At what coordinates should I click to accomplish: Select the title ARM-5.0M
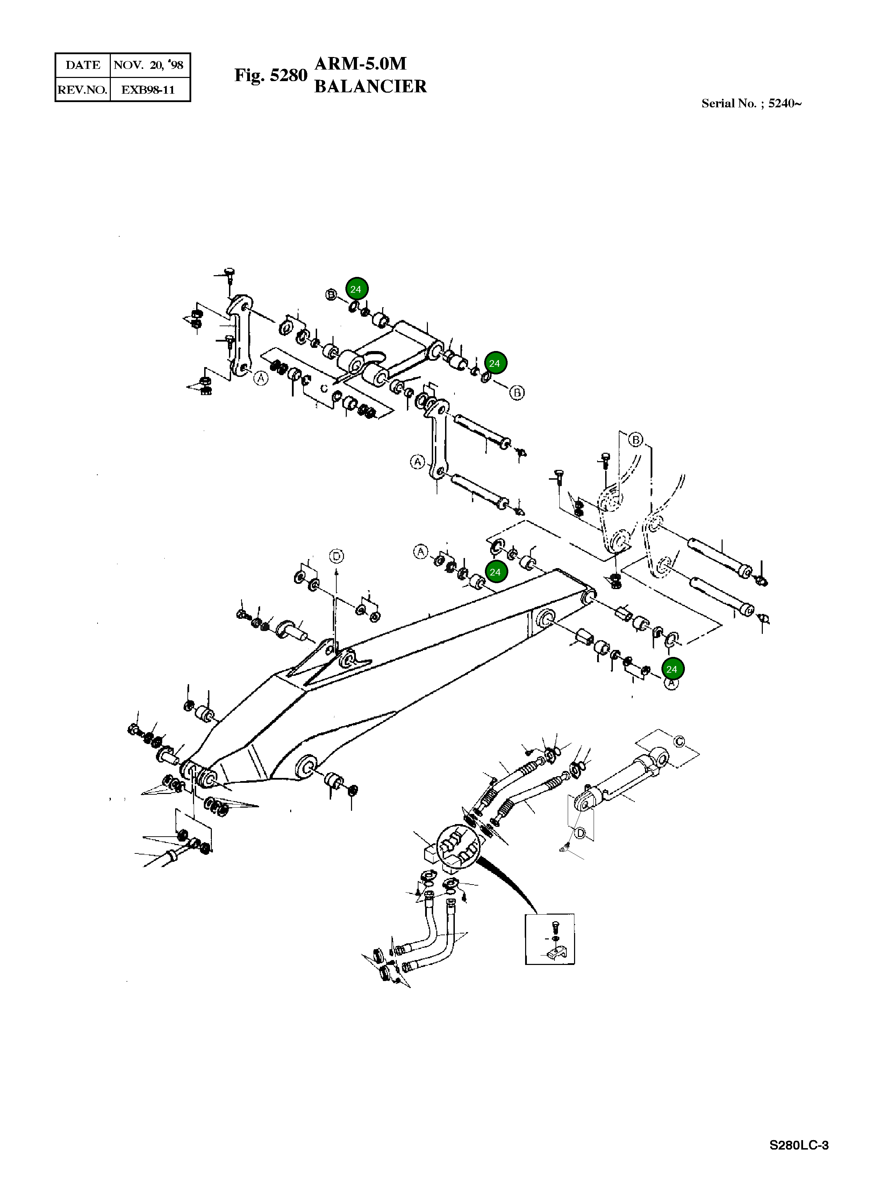click(x=360, y=64)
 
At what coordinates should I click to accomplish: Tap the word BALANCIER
click(x=370, y=86)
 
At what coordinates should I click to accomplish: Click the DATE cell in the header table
click(x=83, y=65)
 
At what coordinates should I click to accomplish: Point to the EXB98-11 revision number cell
click(x=148, y=90)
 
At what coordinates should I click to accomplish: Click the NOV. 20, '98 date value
click(x=148, y=65)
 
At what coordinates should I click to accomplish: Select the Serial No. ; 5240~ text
click(x=751, y=103)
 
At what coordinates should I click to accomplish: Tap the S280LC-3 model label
click(x=798, y=1145)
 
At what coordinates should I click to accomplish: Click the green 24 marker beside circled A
click(x=672, y=669)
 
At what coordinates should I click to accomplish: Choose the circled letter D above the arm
click(x=337, y=556)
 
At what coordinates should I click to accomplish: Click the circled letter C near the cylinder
click(x=679, y=741)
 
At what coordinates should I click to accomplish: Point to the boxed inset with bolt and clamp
click(x=550, y=939)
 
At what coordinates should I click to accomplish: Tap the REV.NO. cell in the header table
click(x=83, y=90)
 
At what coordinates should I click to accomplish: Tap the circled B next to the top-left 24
click(x=331, y=294)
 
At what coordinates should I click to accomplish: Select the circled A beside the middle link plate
click(x=417, y=462)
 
